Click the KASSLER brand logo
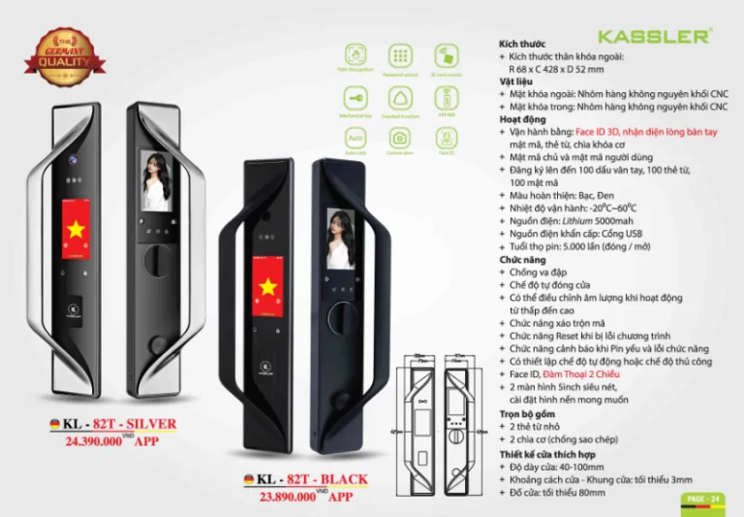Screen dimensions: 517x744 point(655,36)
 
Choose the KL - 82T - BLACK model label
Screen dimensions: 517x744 point(302,479)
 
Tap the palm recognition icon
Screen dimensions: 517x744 point(356,54)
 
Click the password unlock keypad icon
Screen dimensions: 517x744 point(400,54)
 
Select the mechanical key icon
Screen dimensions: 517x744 point(356,97)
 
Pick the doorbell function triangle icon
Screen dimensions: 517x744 point(400,97)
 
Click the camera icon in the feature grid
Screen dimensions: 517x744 point(400,139)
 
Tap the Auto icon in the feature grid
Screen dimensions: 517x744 point(356,139)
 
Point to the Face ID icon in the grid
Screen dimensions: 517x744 point(446,139)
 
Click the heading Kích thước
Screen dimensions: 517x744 point(522,44)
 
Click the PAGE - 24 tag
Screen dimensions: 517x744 point(701,499)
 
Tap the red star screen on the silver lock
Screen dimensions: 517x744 point(76,229)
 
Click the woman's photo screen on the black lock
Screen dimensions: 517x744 point(339,239)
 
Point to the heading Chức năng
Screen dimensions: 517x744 point(522,260)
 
